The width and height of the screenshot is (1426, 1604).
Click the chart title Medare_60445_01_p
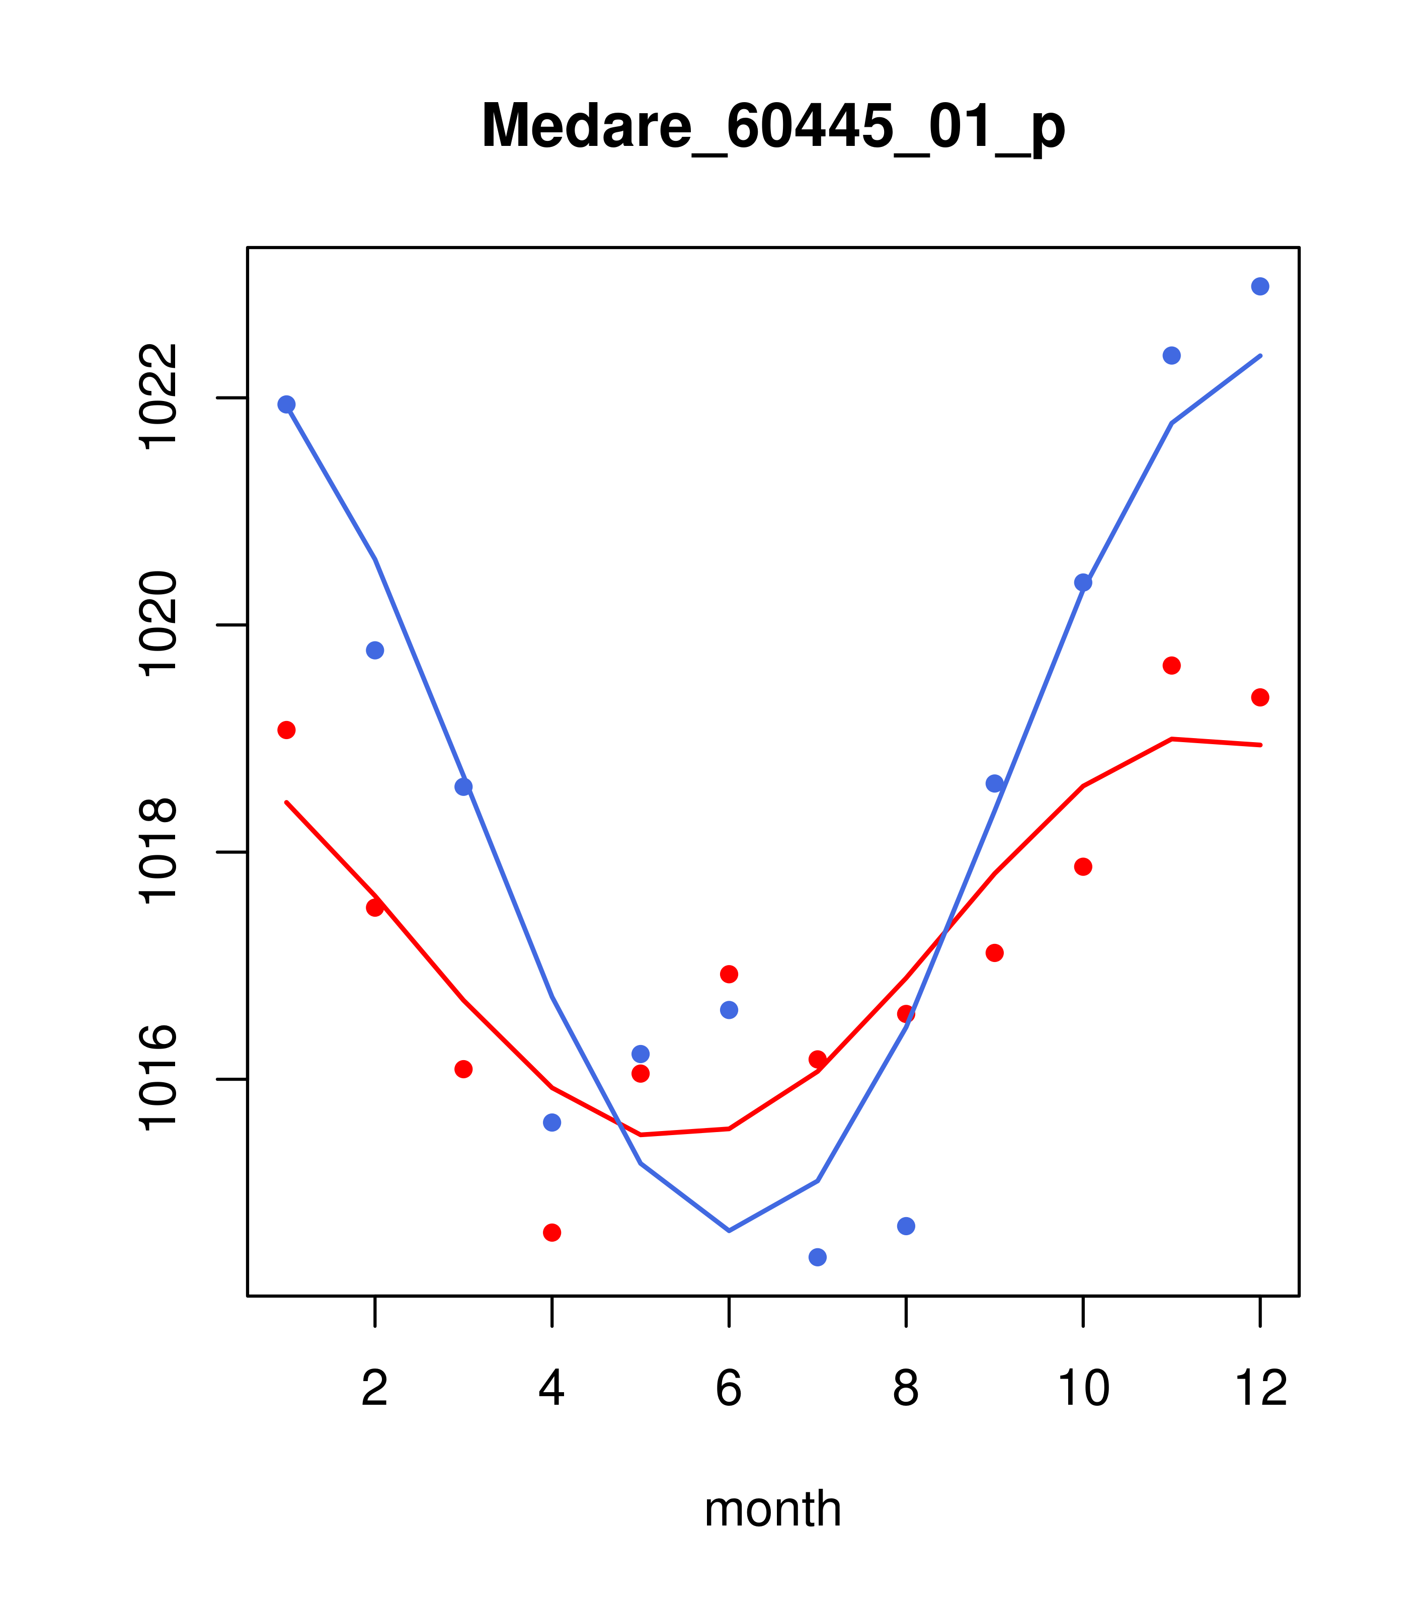[x=773, y=126]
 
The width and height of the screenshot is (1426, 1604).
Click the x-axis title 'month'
[x=773, y=1508]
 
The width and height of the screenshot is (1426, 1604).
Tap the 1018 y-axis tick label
[x=157, y=851]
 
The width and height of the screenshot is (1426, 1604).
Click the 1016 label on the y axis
[x=157, y=1079]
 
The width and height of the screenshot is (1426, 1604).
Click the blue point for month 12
[x=1260, y=286]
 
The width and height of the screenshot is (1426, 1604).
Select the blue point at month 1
[x=286, y=404]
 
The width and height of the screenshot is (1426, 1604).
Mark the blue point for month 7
[x=818, y=1257]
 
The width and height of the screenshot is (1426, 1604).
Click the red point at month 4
[x=552, y=1232]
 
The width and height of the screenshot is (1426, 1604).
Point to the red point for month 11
[x=1172, y=666]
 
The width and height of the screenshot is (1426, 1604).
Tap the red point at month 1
[x=286, y=730]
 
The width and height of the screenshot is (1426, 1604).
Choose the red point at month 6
[x=729, y=974]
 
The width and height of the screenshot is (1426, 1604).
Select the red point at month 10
[x=1083, y=866]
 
